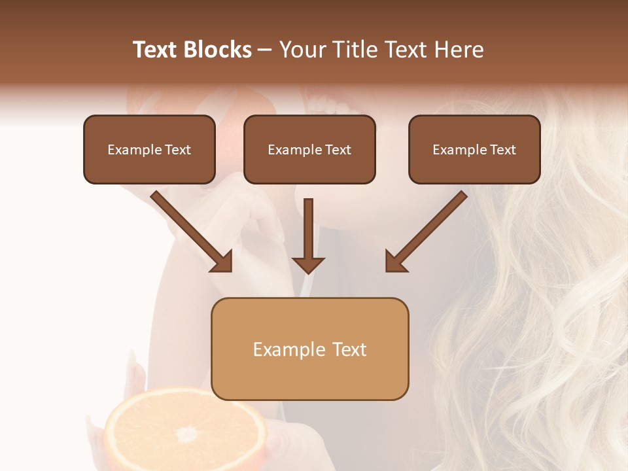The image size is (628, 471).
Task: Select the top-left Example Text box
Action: pyautogui.click(x=149, y=150)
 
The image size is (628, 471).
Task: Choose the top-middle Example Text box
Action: pyautogui.click(x=309, y=150)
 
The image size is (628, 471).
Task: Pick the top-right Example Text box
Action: pyautogui.click(x=474, y=150)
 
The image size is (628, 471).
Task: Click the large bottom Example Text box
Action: pyautogui.click(x=310, y=349)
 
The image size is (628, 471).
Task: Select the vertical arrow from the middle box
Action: pyautogui.click(x=309, y=235)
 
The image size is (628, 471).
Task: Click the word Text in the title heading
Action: pyautogui.click(x=156, y=50)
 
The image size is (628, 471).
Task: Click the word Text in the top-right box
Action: pyautogui.click(x=502, y=150)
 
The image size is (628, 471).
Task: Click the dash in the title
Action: pyautogui.click(x=265, y=50)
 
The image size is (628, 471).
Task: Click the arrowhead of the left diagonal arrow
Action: pyautogui.click(x=222, y=262)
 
